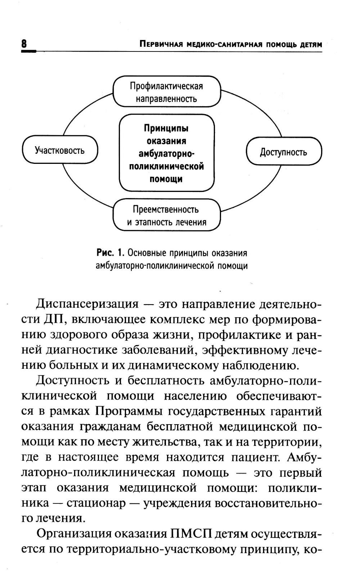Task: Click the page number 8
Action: click(x=24, y=44)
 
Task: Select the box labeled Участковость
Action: click(x=60, y=150)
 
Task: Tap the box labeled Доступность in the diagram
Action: click(x=284, y=152)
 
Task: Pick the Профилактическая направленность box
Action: click(x=166, y=92)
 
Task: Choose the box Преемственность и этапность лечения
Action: click(x=166, y=215)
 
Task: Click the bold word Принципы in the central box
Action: click(x=166, y=128)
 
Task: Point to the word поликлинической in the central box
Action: click(x=166, y=166)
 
